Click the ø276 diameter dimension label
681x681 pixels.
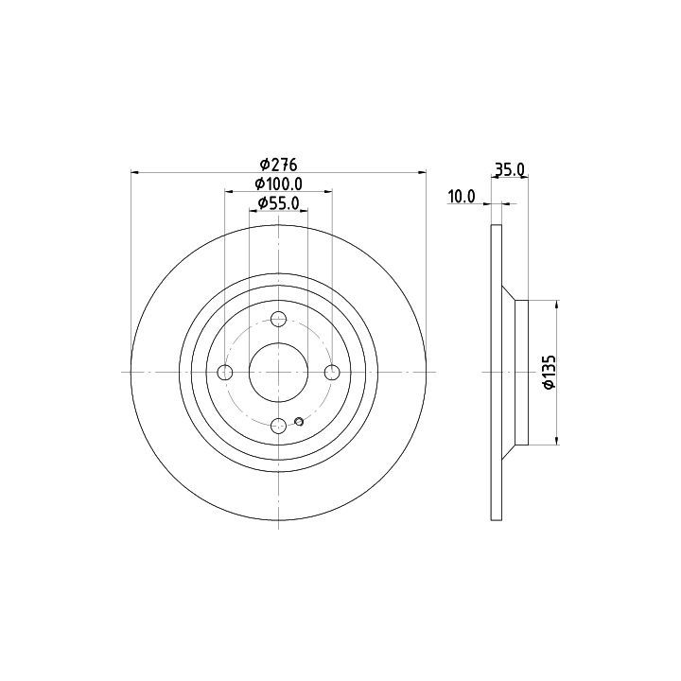pyautogui.click(x=278, y=165)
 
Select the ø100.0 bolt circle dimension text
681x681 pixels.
pyautogui.click(x=278, y=184)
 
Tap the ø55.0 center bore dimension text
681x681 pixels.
pyautogui.click(x=278, y=202)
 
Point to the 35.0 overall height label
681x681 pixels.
pyautogui.click(x=510, y=169)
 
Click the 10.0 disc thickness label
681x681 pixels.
pyautogui.click(x=463, y=197)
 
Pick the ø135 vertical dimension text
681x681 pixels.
pyautogui.click(x=550, y=373)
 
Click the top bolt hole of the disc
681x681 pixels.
pyautogui.click(x=278, y=320)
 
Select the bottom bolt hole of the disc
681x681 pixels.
pyautogui.click(x=278, y=426)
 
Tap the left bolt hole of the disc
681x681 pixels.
pyautogui.click(x=225, y=373)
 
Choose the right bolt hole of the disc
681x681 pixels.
pyautogui.click(x=332, y=373)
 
